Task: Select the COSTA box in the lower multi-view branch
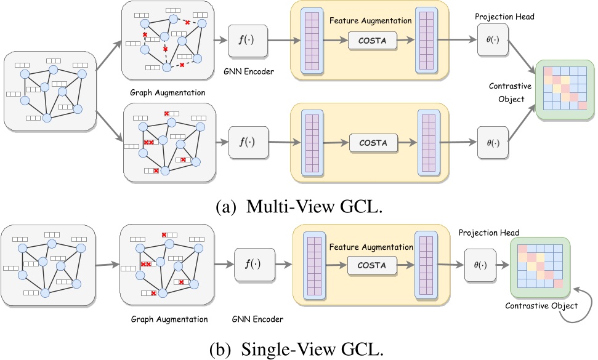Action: coord(374,142)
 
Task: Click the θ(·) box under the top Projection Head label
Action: coord(493,40)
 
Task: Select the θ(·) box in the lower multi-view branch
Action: coord(493,143)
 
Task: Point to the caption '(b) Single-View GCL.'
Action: coord(302,348)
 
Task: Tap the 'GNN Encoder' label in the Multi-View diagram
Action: coord(249,72)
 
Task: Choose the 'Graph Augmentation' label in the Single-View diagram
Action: coord(170,319)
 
